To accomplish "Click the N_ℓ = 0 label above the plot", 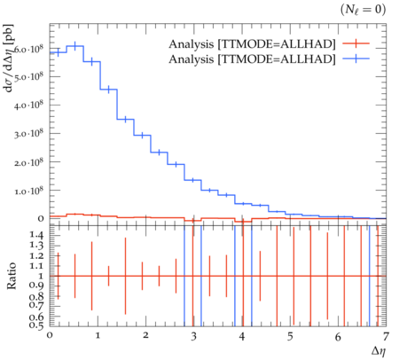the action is [363, 10].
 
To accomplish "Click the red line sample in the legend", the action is [356, 43].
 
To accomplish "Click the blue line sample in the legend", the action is [356, 59].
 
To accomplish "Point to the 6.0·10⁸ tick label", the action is [28, 48].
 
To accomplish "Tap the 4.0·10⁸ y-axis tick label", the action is [28, 105].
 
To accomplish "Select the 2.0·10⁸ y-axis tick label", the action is [28, 162].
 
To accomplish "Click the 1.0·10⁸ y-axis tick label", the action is [28, 191].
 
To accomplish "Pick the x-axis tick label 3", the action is [193, 336].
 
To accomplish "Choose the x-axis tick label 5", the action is [290, 336].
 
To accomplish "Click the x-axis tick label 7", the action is [386, 336].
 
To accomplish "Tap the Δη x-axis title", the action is [379, 351].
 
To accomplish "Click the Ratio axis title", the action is [12, 276].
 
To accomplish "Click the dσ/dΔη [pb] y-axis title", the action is [10, 59].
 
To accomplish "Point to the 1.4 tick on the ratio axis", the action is [36, 235].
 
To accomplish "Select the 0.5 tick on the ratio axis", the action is [36, 325].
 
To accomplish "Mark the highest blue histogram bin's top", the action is [75, 46].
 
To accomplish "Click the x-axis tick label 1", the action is [98, 336].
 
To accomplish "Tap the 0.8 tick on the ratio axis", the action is [36, 296].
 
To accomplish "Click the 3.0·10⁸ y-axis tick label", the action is [28, 134].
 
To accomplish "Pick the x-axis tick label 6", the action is [338, 336].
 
